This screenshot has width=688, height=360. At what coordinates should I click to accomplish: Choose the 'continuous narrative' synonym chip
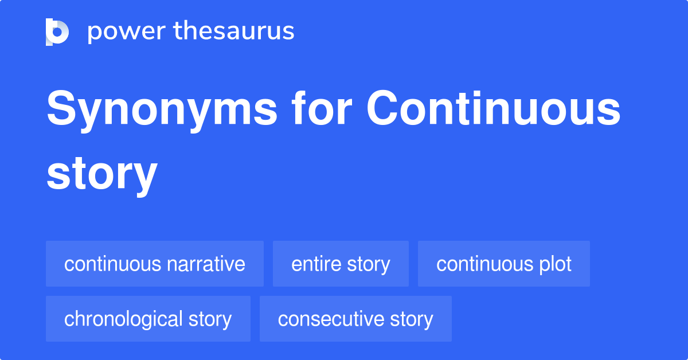point(155,264)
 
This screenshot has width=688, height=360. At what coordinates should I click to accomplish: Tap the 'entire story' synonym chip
point(341,264)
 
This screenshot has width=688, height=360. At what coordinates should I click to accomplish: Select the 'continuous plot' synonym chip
point(503,264)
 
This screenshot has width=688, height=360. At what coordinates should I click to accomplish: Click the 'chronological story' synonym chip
point(148,319)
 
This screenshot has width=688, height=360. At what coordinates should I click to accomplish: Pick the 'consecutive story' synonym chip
point(355,319)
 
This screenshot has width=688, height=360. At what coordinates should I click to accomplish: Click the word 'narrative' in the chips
point(206,264)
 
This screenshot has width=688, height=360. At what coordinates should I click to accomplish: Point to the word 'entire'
point(316,264)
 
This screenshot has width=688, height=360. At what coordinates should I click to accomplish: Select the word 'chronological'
point(123,319)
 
